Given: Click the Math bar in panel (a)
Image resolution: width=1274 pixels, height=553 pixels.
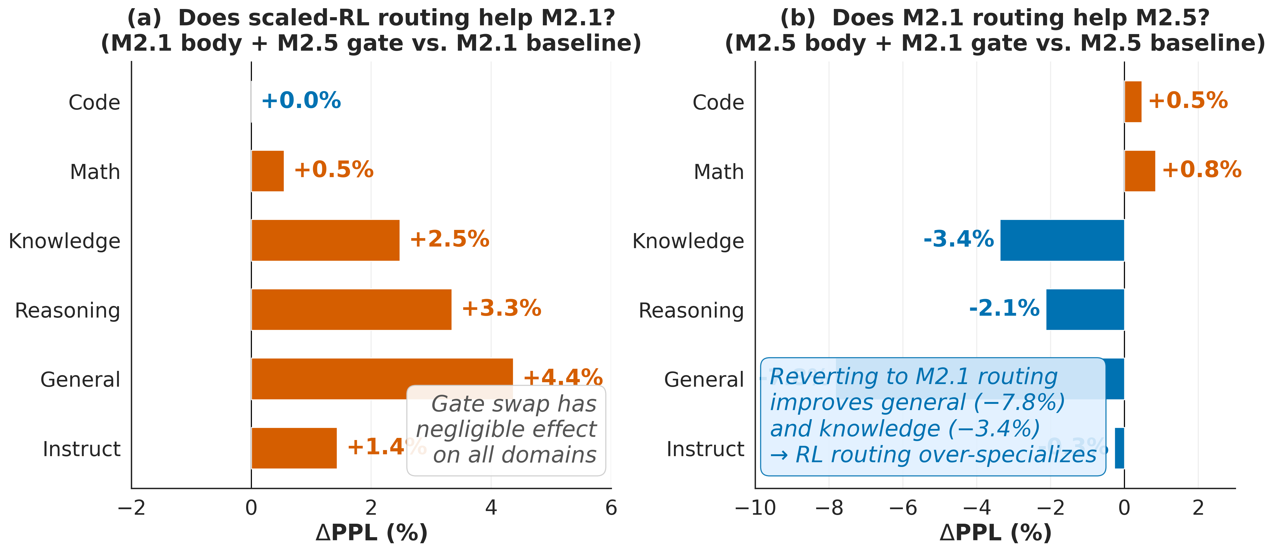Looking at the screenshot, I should click(267, 171).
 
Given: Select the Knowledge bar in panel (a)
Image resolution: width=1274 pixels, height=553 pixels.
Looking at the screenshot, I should click(325, 240).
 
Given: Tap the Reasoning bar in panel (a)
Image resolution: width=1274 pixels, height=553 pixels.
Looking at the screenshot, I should click(351, 309).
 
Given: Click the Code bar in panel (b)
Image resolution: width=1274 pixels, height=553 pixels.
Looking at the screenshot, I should click(1133, 101).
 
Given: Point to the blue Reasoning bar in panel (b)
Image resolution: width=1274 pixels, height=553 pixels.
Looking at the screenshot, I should click(1085, 309).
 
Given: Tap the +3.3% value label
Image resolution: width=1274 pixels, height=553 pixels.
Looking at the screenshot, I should click(501, 308).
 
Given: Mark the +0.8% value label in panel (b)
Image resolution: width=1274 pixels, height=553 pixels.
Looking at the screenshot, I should click(1201, 170).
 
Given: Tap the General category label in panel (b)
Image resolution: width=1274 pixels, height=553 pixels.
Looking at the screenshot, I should click(704, 380).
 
